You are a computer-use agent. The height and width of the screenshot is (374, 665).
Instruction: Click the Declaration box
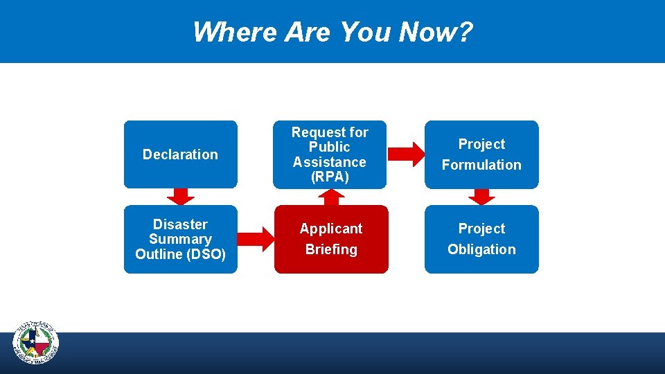click(x=180, y=154)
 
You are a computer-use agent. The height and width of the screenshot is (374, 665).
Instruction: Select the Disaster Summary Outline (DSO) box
click(x=180, y=239)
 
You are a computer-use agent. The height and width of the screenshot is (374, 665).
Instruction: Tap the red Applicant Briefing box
click(x=331, y=239)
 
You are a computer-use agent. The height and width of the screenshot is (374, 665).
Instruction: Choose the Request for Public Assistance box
click(x=330, y=154)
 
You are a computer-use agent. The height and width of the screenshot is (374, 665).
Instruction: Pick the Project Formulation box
click(x=481, y=154)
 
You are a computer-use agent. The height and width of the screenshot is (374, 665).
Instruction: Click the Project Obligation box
click(x=481, y=239)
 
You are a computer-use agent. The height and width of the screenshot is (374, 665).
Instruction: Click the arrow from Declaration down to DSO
click(x=181, y=197)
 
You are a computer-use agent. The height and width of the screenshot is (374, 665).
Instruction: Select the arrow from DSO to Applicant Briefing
click(x=256, y=239)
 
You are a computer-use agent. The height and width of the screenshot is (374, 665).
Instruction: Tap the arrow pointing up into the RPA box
click(x=332, y=197)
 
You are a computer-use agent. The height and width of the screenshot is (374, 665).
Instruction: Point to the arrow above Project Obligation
click(x=482, y=197)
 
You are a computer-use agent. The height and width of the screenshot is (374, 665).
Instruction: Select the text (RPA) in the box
click(x=330, y=177)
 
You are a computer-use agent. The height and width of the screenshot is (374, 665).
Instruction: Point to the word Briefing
click(x=331, y=249)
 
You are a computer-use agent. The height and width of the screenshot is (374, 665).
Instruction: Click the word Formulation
click(x=481, y=165)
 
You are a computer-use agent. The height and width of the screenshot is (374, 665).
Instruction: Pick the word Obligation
click(x=481, y=249)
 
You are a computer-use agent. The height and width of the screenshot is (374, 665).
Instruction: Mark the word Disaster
click(x=180, y=224)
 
